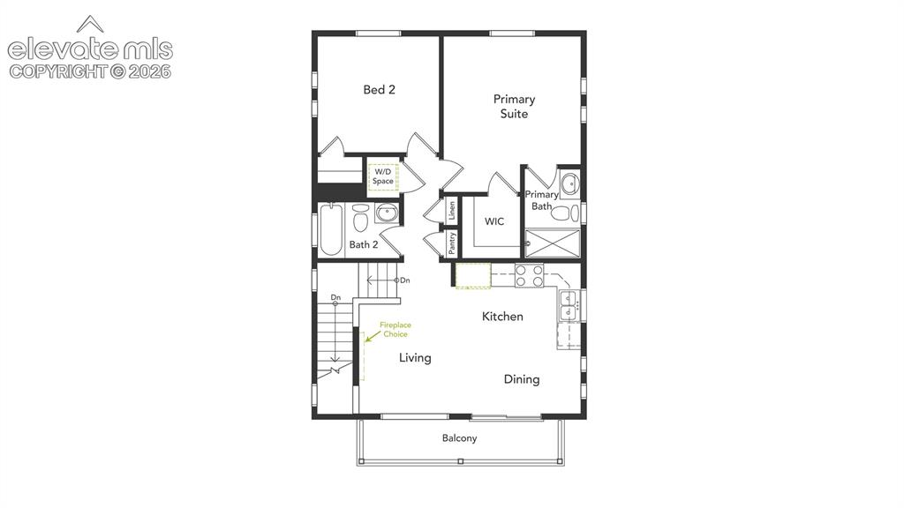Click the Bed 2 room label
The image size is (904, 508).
[379, 89]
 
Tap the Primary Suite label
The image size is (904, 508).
[514, 106]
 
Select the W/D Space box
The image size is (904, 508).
[383, 176]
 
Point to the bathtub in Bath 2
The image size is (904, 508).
[331, 229]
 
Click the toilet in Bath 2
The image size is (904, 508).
[360, 217]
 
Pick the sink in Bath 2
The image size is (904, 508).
[386, 213]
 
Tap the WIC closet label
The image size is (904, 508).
[494, 221]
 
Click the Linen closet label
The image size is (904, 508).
[452, 210]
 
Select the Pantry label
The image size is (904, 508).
[452, 243]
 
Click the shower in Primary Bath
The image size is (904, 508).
[553, 243]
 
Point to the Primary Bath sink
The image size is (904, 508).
[569, 183]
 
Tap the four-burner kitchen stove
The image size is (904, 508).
[530, 275]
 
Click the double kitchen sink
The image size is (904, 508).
[569, 306]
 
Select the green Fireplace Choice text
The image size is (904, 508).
[395, 330]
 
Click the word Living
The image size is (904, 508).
[415, 358]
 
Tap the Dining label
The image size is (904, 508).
[522, 379]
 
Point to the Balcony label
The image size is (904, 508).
[459, 437]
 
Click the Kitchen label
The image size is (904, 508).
[502, 317]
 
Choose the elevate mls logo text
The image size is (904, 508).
[90, 49]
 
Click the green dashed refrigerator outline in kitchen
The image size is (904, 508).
[473, 275]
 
